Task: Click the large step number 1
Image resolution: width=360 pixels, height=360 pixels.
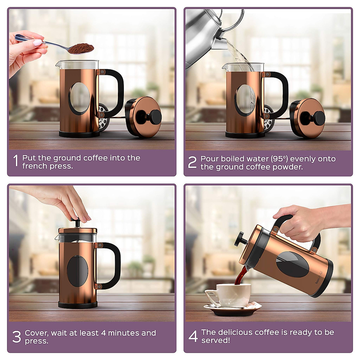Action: (x=16, y=161)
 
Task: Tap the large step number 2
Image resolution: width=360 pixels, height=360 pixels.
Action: (x=192, y=162)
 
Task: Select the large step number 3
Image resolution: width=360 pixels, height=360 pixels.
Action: (x=16, y=337)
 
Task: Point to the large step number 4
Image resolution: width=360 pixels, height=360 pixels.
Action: (x=193, y=336)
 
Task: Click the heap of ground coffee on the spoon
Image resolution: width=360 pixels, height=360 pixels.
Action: (x=81, y=48)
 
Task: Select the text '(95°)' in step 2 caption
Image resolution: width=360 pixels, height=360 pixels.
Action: (x=279, y=159)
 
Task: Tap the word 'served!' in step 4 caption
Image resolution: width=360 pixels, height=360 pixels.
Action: (x=215, y=340)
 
